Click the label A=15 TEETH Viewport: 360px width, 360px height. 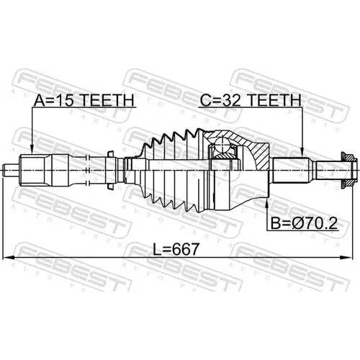(84, 100)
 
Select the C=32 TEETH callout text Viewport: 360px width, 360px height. (251, 100)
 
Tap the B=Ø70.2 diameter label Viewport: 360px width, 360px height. (304, 223)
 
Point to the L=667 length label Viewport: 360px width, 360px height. (176, 249)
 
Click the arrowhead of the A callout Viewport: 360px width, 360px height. (32, 150)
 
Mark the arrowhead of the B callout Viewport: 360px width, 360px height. (267, 203)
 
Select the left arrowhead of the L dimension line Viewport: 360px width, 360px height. (8, 258)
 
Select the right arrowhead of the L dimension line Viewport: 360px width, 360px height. (348, 258)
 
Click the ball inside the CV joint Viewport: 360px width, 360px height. (222, 145)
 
